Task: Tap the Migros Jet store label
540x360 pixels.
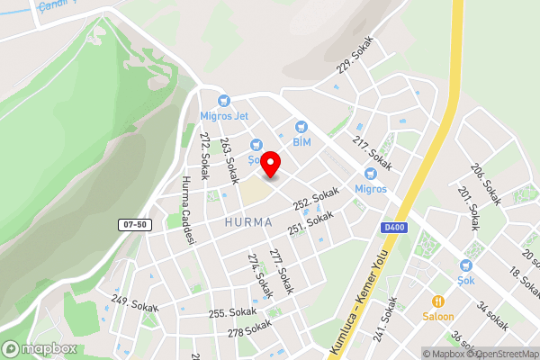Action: tap(223, 117)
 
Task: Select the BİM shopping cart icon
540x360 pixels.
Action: tap(301, 127)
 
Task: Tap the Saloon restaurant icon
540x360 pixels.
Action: tap(438, 301)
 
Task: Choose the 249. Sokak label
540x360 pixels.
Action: tap(134, 302)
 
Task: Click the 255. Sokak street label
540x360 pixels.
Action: tap(233, 313)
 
